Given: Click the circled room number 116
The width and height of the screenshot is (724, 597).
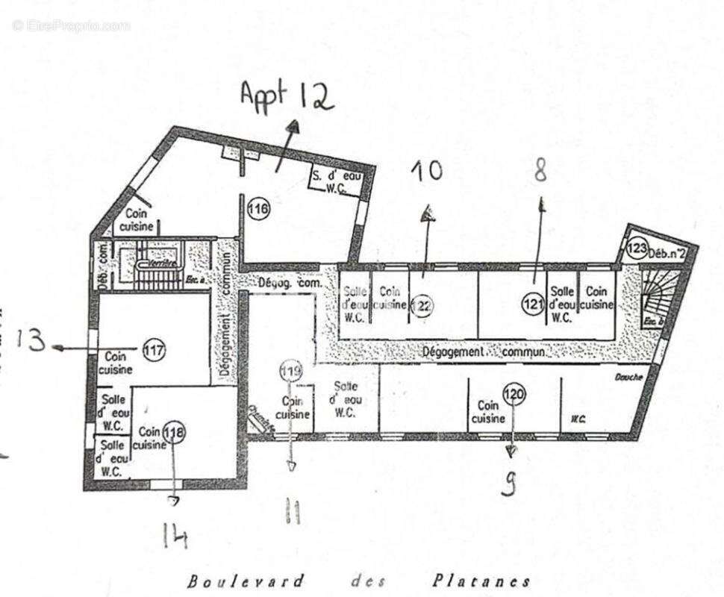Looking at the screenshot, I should coord(258,210).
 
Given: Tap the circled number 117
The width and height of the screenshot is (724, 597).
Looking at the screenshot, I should coord(154,351).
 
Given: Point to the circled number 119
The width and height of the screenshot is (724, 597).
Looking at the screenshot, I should coord(290,370).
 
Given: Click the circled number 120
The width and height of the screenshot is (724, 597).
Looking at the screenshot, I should coord(514,394).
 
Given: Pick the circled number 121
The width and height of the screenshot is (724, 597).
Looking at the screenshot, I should coord(534,304).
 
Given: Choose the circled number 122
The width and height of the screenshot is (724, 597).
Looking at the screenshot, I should coord(422,304).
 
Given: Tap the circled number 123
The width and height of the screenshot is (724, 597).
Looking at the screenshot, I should coord(635,248).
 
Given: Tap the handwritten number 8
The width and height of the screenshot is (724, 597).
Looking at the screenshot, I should coord(541,171).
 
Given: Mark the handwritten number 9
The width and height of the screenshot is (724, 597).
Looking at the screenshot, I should coord(510,485).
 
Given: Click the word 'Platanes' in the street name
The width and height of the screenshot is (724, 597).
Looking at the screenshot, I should coord(481,581).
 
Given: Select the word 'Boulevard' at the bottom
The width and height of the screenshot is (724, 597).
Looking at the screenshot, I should coord(246,581).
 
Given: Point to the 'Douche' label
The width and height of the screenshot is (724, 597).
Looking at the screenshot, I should coord(628,378).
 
